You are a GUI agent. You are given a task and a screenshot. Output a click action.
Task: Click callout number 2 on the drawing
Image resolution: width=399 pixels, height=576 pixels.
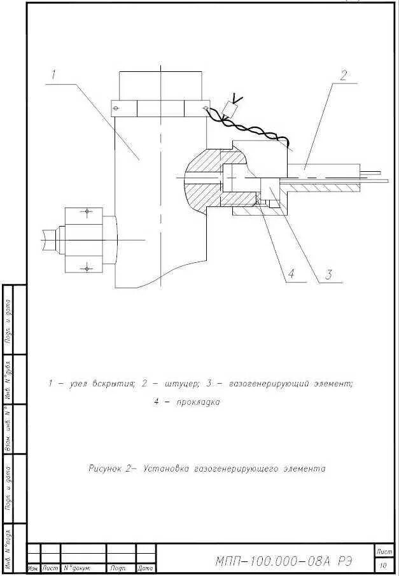(343, 75)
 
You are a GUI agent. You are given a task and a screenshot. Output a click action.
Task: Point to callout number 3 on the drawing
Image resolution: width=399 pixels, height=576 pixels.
(328, 275)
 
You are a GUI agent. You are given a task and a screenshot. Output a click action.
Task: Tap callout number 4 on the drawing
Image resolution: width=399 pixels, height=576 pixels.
(290, 274)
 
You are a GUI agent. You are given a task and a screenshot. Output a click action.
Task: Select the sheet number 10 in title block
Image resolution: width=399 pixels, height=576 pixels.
(383, 565)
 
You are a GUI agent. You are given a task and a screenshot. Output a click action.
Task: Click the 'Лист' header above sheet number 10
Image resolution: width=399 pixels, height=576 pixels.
(384, 551)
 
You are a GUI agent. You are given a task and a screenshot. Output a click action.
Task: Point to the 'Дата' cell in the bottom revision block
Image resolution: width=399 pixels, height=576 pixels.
(146, 568)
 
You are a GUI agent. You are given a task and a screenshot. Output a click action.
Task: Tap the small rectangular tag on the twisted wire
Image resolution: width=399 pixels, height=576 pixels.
(233, 110)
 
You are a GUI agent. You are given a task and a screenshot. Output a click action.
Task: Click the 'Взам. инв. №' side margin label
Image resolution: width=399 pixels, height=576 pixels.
(9, 430)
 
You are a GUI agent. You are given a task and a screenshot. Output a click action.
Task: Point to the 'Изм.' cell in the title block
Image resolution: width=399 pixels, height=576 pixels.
(33, 568)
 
